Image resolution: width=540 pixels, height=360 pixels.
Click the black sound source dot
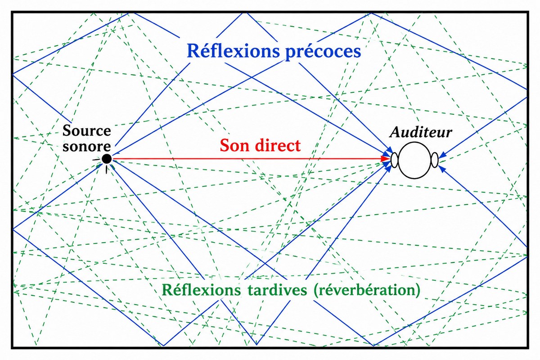[107, 159]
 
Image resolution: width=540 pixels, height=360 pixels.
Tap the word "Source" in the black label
[87, 130]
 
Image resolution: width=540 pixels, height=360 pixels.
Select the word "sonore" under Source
[86, 146]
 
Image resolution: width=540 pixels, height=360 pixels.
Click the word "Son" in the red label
[234, 145]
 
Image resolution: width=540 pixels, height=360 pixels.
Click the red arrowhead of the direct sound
[386, 159]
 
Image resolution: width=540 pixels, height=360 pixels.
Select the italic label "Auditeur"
[420, 132]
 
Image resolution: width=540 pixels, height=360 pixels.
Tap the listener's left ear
[394, 160]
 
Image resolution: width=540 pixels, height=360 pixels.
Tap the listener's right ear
[435, 160]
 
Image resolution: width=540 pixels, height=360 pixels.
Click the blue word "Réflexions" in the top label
[234, 51]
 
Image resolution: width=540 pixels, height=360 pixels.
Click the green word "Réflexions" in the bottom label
[201, 290]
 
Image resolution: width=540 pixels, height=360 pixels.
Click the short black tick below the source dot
[106, 170]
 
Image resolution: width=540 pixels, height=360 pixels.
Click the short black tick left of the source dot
[96, 159]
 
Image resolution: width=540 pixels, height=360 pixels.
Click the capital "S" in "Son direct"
[225, 145]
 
